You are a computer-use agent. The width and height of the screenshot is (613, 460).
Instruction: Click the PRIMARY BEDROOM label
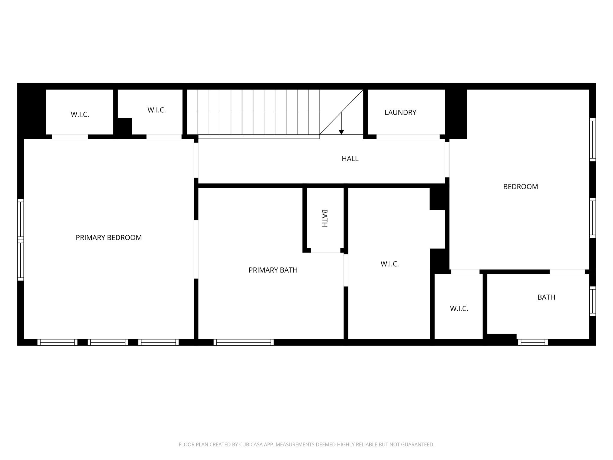[x=109, y=237]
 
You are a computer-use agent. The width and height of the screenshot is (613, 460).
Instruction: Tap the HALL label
[x=350, y=159]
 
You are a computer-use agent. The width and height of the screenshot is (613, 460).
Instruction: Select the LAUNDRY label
[x=400, y=113]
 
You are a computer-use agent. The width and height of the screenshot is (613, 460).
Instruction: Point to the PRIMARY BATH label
[x=273, y=270]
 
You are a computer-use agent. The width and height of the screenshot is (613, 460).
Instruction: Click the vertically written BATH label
[x=324, y=218]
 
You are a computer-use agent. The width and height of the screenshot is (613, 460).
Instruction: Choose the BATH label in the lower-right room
[x=546, y=297]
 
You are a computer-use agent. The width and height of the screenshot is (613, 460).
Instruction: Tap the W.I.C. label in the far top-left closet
[x=80, y=115]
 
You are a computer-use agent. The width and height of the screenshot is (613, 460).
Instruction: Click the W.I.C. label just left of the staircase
[x=157, y=110]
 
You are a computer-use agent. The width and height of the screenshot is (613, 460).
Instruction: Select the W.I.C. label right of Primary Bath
[x=390, y=264]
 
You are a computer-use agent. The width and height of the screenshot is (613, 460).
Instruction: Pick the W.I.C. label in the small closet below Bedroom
[x=459, y=309]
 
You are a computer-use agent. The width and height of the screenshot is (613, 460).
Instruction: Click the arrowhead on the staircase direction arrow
[x=341, y=132]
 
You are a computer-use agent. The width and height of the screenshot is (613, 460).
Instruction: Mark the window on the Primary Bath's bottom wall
[x=244, y=342]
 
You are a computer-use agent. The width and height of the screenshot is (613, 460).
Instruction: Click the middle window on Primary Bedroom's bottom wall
[x=108, y=342]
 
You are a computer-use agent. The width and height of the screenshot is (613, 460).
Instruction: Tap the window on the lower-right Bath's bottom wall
[x=533, y=342]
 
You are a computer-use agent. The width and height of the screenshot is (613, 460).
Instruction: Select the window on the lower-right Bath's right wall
[x=593, y=301]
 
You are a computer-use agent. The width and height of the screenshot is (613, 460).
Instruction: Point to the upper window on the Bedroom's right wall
[x=593, y=140]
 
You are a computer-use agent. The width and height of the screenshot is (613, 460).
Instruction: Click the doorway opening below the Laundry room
[x=408, y=137]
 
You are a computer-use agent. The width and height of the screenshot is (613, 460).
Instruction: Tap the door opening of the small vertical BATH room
[x=325, y=250]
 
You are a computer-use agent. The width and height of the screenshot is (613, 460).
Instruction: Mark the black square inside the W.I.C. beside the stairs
[x=125, y=126]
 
